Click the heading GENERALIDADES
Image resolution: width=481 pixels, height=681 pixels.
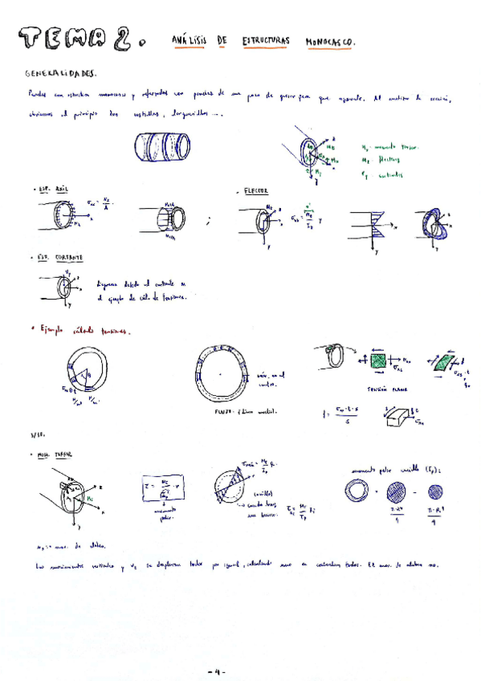click(x=60, y=73)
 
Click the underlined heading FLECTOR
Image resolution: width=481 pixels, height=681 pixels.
click(x=255, y=193)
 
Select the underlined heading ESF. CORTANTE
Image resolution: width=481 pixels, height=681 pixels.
click(x=57, y=258)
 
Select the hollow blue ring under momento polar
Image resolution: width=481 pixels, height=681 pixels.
click(x=356, y=491)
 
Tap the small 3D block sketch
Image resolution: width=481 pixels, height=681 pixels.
click(x=399, y=417)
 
